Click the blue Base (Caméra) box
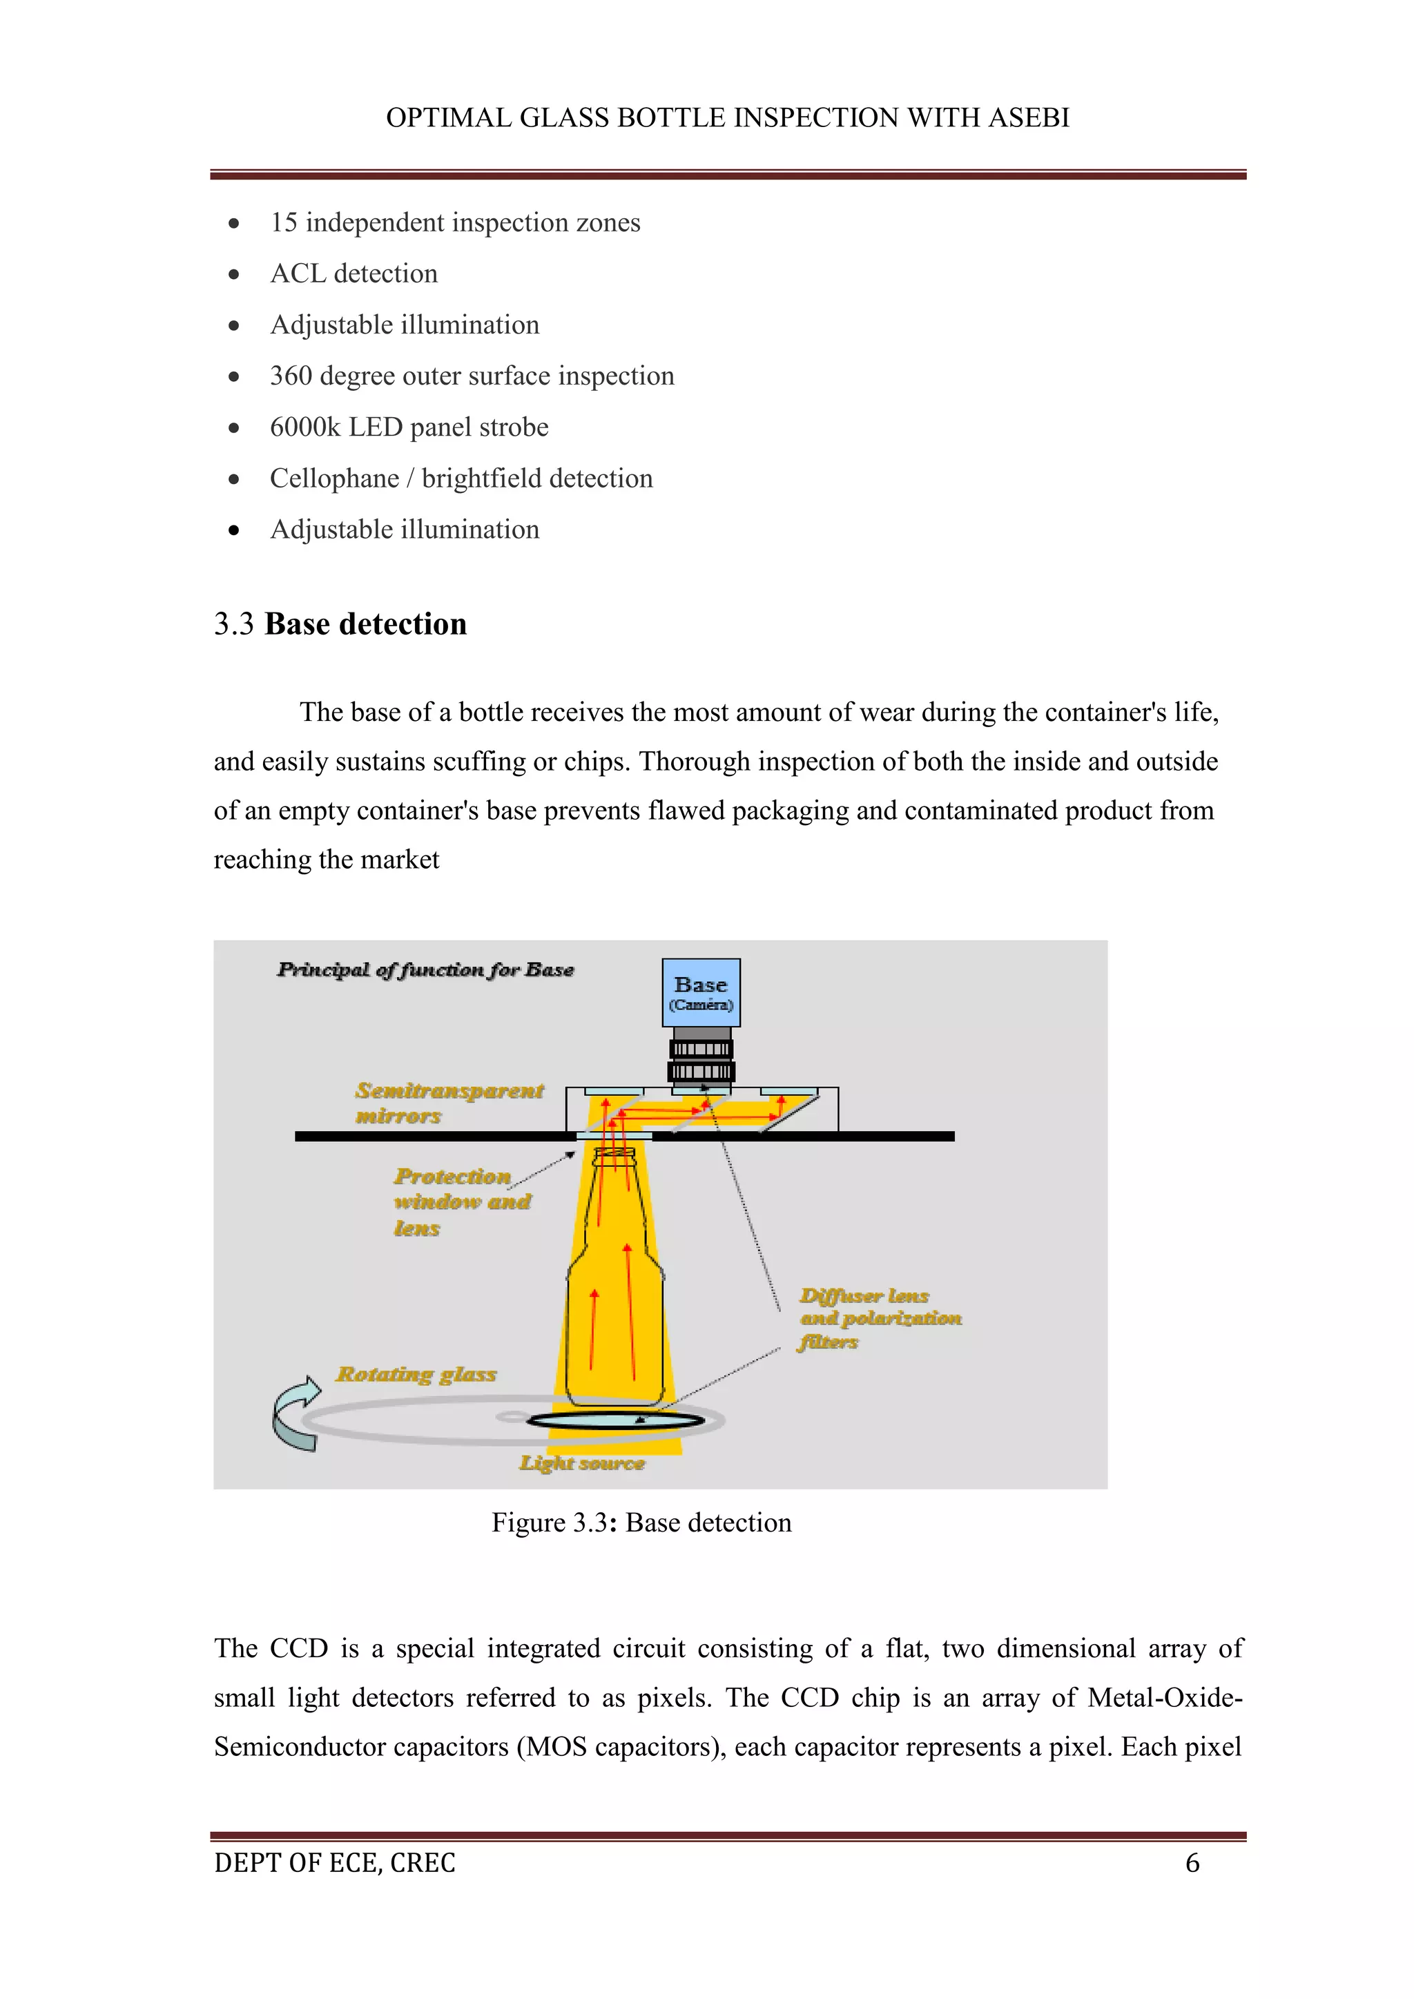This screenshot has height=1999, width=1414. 701,992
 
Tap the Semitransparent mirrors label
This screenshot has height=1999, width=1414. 448,1103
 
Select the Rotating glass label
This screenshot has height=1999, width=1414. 416,1375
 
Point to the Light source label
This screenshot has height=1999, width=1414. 581,1464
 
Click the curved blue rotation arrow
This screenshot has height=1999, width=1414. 296,1414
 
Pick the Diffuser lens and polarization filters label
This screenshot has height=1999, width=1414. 880,1318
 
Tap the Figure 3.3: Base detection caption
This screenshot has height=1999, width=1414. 641,1523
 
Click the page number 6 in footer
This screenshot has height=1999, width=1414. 1192,1863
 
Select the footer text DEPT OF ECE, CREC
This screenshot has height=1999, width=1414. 334,1863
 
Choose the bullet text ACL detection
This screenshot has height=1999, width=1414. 353,273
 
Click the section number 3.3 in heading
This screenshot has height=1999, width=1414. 233,624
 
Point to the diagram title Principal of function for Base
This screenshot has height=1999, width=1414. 425,970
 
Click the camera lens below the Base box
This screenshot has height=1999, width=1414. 701,1060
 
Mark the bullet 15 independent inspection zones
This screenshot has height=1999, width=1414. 454,223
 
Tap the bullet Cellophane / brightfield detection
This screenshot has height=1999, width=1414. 461,479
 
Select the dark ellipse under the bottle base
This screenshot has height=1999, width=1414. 616,1421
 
